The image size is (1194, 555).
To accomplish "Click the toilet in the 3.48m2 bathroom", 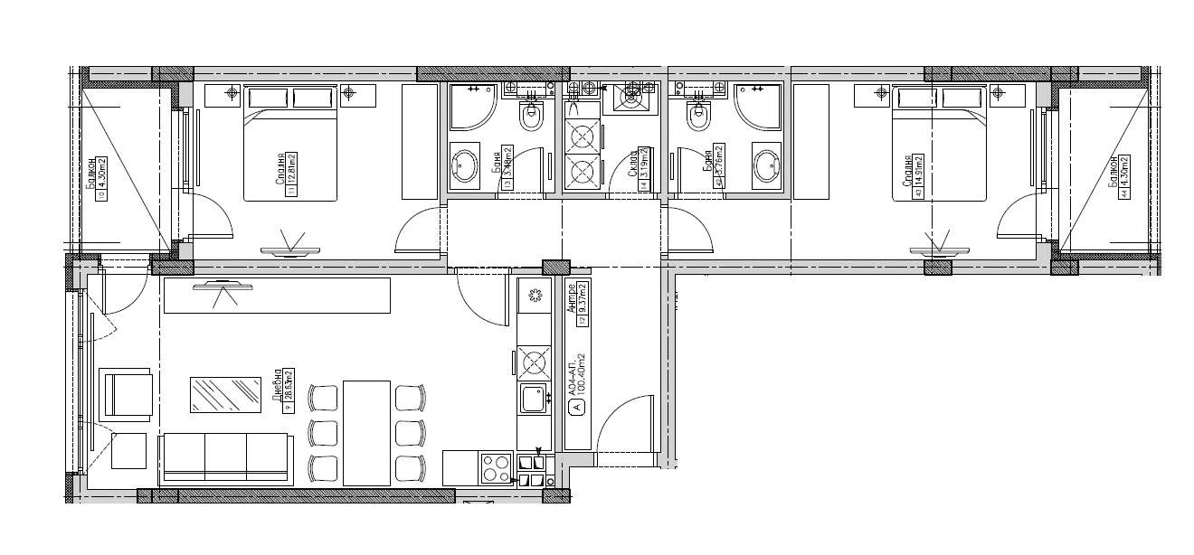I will click(532, 115).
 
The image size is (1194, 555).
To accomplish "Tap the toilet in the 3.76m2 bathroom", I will click(697, 115).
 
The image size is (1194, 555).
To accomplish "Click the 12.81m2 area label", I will click(291, 174).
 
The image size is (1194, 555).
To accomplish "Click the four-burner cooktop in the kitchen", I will click(497, 467).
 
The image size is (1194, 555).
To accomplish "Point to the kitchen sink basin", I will click(533, 396).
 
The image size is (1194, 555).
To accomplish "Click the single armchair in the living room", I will click(128, 394).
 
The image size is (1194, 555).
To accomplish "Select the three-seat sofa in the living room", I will click(225, 456).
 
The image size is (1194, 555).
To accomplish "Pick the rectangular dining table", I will click(366, 432).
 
